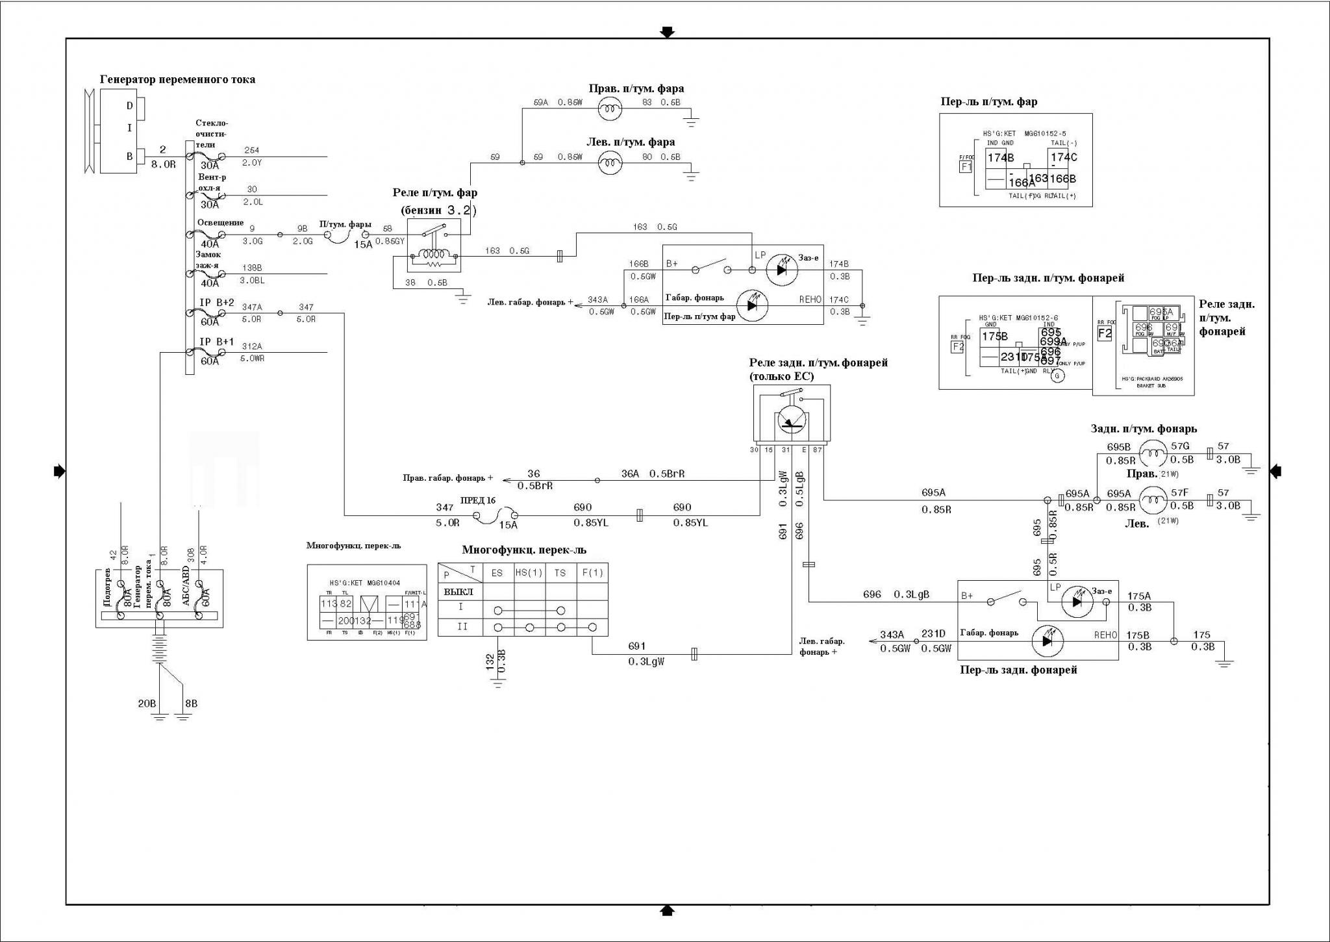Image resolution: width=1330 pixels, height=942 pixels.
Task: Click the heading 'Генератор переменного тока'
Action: (177, 79)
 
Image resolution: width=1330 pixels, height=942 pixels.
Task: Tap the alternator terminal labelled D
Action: (130, 105)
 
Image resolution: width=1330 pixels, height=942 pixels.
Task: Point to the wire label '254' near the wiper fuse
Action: (251, 151)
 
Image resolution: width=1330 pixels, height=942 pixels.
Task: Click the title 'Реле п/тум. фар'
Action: (434, 193)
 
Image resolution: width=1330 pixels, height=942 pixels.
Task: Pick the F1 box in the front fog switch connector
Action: (966, 166)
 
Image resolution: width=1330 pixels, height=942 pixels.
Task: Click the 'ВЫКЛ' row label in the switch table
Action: (458, 592)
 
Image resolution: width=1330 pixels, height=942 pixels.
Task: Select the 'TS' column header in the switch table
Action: (560, 573)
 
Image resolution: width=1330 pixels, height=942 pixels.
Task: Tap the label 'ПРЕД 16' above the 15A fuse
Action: (477, 500)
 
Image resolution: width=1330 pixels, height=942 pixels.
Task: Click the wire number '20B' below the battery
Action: (147, 704)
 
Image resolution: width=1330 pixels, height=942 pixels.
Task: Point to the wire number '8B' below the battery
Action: (191, 704)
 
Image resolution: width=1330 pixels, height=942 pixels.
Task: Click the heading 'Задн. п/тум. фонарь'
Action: (1144, 429)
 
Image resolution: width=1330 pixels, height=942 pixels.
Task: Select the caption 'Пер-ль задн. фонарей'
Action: (1018, 670)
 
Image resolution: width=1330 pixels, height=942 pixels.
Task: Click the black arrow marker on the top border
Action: (667, 32)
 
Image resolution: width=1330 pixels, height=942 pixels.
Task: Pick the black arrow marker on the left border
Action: (59, 471)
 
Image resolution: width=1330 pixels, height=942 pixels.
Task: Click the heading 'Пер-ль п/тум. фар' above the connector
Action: (988, 102)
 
